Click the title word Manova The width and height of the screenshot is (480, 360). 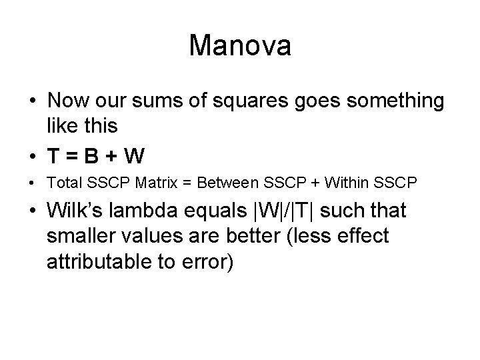240,45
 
